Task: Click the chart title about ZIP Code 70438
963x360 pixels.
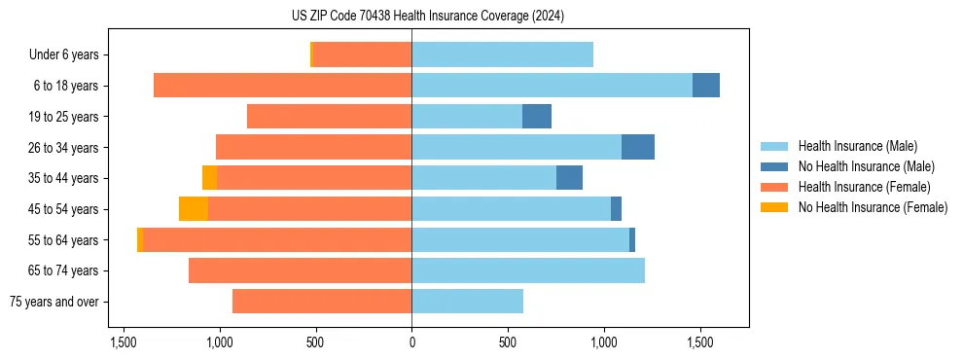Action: coord(427,16)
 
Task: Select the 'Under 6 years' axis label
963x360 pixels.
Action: coord(63,55)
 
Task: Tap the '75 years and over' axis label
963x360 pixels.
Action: coord(53,302)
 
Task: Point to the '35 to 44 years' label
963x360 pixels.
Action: coord(63,178)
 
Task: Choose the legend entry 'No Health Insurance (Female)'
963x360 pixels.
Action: coord(873,207)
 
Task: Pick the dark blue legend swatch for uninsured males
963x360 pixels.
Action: coord(774,166)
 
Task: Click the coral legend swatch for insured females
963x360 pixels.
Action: coord(774,187)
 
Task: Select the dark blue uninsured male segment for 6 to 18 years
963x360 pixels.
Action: coord(706,86)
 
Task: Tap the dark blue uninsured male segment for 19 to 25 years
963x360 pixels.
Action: coord(537,117)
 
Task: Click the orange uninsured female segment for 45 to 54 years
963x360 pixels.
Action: coord(194,209)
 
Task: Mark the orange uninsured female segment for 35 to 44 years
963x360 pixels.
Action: coord(209,178)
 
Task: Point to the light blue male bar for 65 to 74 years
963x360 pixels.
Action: coord(528,270)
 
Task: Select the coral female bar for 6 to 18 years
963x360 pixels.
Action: coord(282,86)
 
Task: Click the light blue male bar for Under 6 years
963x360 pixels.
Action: coord(502,55)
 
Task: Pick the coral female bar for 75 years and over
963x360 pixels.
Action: coord(322,302)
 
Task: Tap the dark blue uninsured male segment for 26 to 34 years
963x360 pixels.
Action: coord(638,147)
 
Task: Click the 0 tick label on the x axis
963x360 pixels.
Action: coord(411,342)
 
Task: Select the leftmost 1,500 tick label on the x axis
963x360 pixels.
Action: coord(124,342)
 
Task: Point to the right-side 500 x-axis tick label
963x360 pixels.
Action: coord(508,342)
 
